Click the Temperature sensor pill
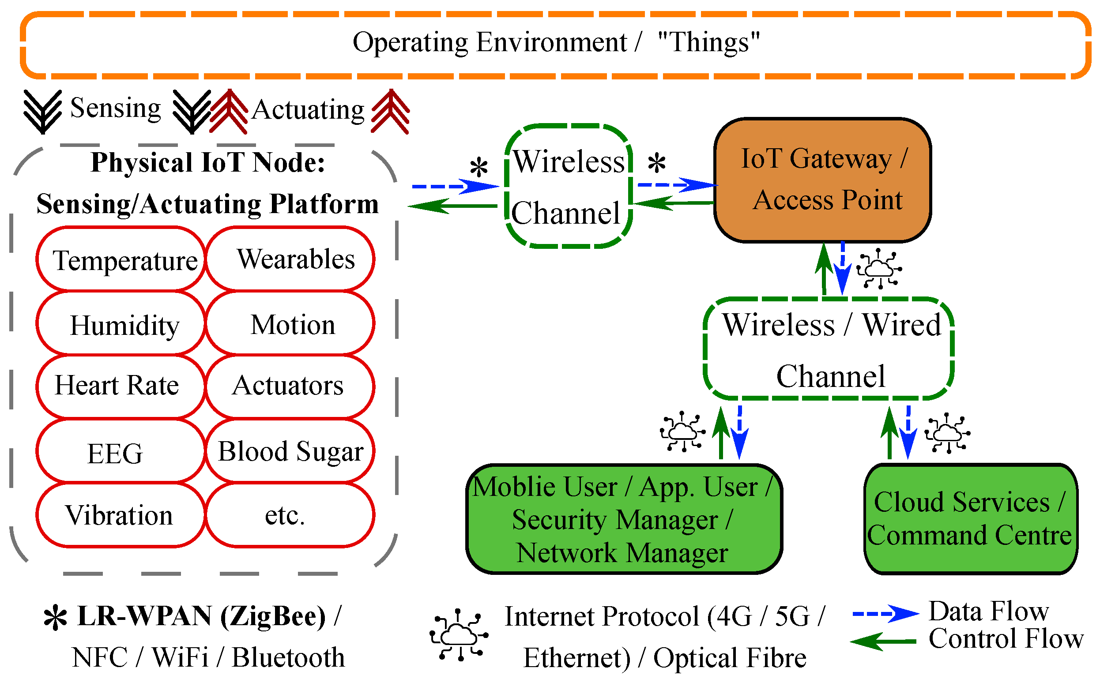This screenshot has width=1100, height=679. pos(121,259)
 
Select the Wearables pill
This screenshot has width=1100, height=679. pos(290,259)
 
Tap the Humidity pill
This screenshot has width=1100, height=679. pos(121,324)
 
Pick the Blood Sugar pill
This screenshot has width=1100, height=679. pos(290,451)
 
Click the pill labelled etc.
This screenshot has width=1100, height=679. pos(290,515)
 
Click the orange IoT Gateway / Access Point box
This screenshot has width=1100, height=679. pos(822,180)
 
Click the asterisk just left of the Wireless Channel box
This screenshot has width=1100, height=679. pos(479,168)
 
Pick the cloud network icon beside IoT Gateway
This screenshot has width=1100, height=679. pos(879,269)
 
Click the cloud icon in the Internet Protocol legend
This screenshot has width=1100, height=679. pos(459,635)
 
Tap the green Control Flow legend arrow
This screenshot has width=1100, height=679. pos(883,642)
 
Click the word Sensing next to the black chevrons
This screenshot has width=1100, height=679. pos(116,108)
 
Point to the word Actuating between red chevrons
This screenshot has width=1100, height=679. pos(308,110)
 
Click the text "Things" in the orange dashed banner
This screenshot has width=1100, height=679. pos(709,43)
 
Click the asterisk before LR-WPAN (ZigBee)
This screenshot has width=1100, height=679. pos(55,618)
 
